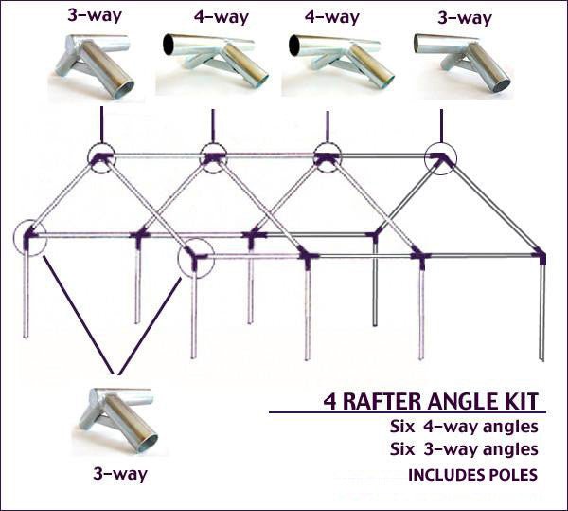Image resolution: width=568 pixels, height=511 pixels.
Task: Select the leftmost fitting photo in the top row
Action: point(98,64)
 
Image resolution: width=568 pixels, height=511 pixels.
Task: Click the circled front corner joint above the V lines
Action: point(195,256)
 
